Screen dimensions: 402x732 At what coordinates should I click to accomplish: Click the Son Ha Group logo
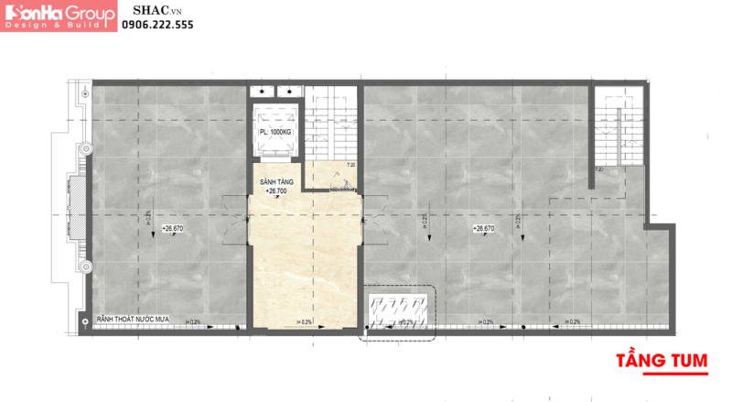(x=60, y=17)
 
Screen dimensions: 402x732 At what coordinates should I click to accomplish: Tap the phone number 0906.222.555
(x=157, y=26)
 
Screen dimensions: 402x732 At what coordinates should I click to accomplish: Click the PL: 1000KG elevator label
(x=276, y=132)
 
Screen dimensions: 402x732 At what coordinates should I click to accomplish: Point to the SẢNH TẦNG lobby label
(x=274, y=183)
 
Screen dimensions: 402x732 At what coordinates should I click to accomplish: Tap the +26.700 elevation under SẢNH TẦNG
(x=275, y=192)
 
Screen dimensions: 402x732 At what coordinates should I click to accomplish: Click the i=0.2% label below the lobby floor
(x=305, y=321)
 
